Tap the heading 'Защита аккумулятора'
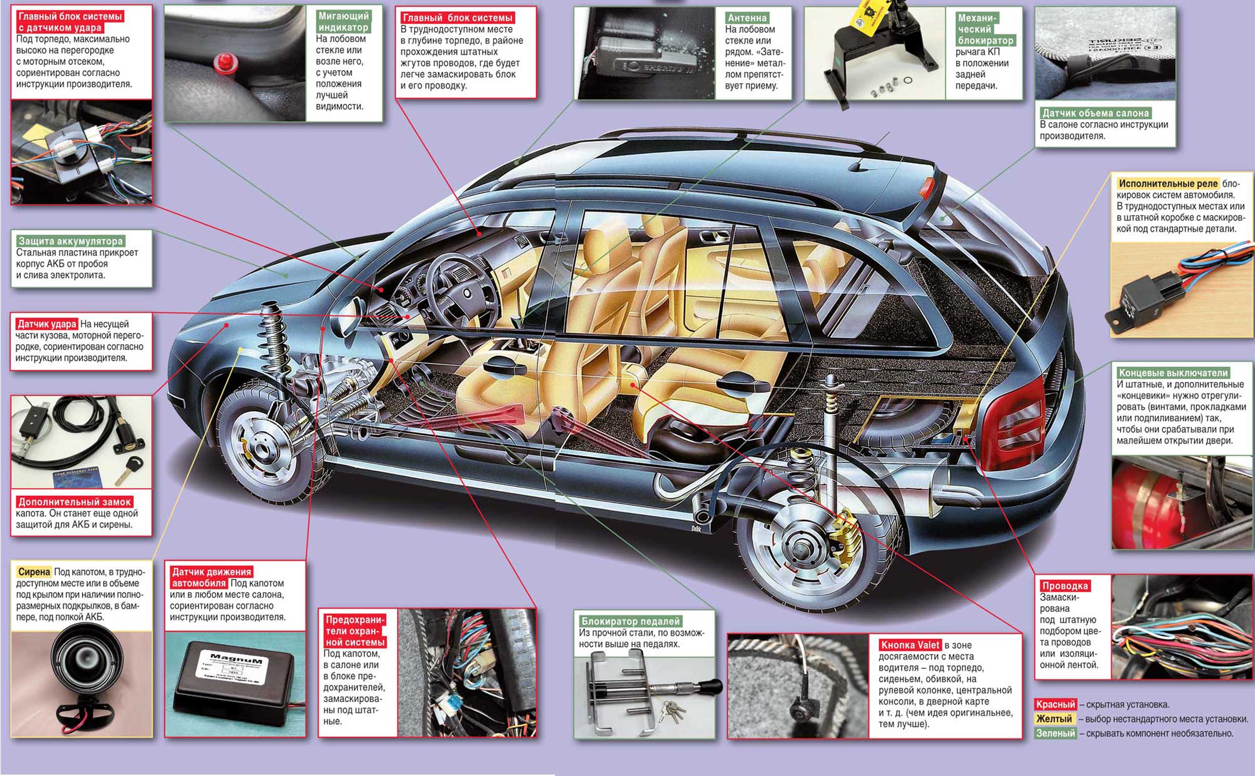coord(71,241)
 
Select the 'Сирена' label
coord(34,572)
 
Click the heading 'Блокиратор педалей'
coord(631,621)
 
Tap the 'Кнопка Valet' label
coord(910,645)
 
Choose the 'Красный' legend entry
coord(1055,704)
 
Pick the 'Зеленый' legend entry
coord(1055,733)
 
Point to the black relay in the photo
coord(1145,303)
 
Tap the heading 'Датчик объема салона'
coord(1095,113)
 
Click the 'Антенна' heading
coord(747,18)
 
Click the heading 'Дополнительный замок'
coord(75,502)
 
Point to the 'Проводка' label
coord(1065,586)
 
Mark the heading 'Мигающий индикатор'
coord(343,22)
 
